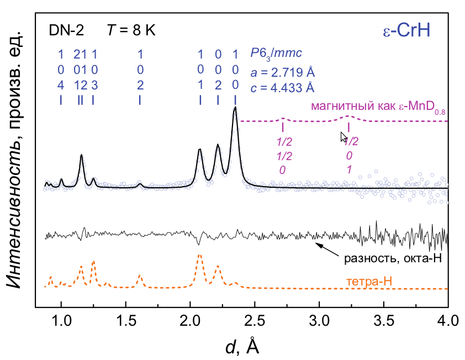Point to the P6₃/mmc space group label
coord(276,53)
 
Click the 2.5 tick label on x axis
coord(255,320)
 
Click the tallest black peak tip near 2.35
coord(235,108)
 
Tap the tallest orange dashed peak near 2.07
coord(199,255)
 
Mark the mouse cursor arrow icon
coord(344,137)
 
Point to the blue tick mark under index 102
coord(140,100)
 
